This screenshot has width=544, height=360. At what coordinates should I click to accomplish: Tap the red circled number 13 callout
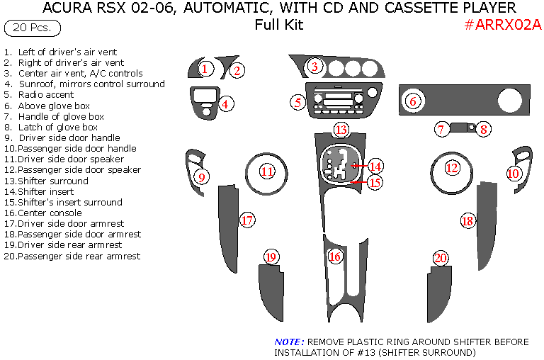pyautogui.click(x=341, y=130)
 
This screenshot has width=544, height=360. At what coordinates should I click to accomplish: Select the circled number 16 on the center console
pyautogui.click(x=335, y=256)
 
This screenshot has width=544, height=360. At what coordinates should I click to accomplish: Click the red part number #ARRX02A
pyautogui.click(x=504, y=25)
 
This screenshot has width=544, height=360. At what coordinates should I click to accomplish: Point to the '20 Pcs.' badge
pyautogui.click(x=32, y=28)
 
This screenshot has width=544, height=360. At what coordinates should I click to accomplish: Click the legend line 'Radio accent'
pyautogui.click(x=46, y=94)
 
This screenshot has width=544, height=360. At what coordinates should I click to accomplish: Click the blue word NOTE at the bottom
pyautogui.click(x=289, y=342)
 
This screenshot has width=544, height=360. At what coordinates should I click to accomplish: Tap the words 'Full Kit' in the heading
pyautogui.click(x=279, y=25)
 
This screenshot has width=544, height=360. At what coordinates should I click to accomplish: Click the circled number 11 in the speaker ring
pyautogui.click(x=267, y=171)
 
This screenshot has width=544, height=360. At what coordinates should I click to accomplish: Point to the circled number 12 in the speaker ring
pyautogui.click(x=452, y=168)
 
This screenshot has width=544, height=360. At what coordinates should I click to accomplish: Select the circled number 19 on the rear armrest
pyautogui.click(x=271, y=257)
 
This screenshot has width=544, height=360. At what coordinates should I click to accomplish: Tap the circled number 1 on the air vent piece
pyautogui.click(x=204, y=69)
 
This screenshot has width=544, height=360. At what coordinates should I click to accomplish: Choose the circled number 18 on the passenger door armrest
pyautogui.click(x=467, y=220)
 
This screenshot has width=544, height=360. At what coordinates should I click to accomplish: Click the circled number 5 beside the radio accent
pyautogui.click(x=298, y=103)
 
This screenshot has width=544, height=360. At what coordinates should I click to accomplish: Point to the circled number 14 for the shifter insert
pyautogui.click(x=375, y=167)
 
